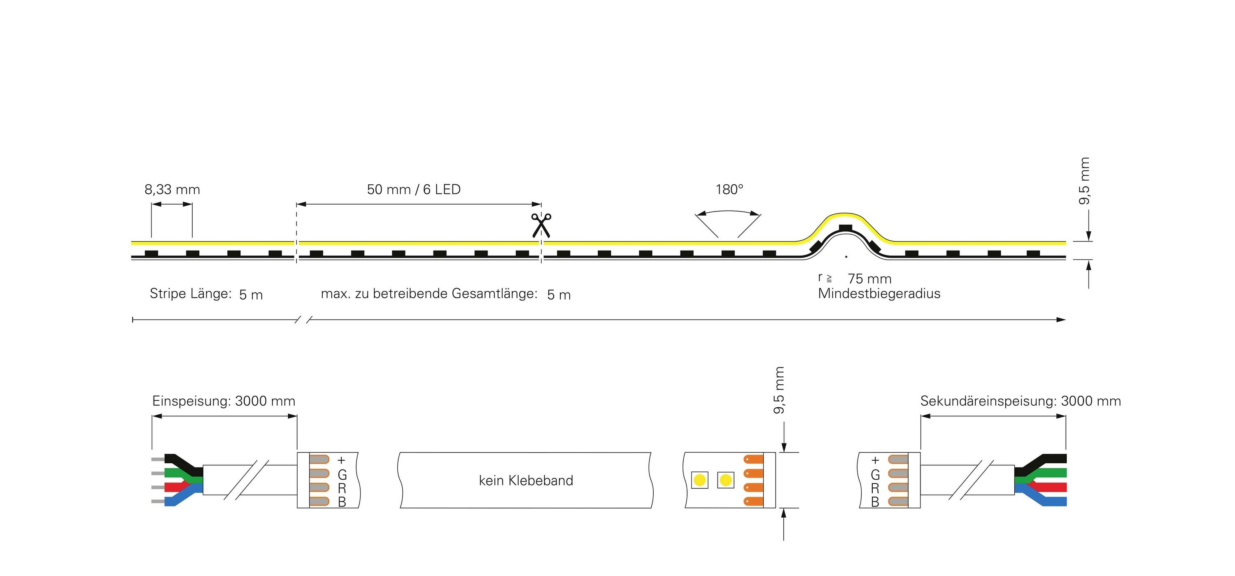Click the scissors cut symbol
coord(541,225)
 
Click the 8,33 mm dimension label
coord(172,190)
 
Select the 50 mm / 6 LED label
coord(413,190)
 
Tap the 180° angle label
coord(729,190)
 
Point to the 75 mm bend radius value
coord(869,279)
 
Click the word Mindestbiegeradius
coord(879,294)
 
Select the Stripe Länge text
coord(190,293)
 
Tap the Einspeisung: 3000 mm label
coord(224,401)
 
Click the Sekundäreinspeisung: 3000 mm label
coord(1020,401)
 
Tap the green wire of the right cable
coord(1050,473)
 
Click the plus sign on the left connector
coord(341,460)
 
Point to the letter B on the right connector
coord(875,502)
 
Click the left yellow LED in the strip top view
coord(699,480)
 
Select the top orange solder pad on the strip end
coord(753,459)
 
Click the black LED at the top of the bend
coord(845,228)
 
